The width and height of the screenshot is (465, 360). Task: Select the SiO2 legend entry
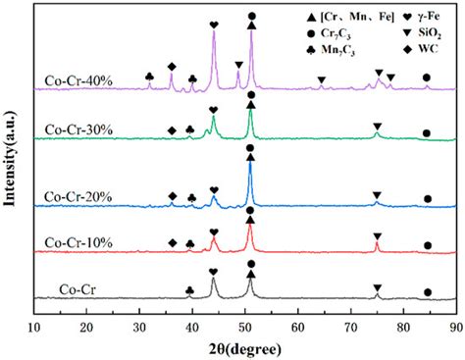[408, 33]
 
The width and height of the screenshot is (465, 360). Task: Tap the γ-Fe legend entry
[408, 19]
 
